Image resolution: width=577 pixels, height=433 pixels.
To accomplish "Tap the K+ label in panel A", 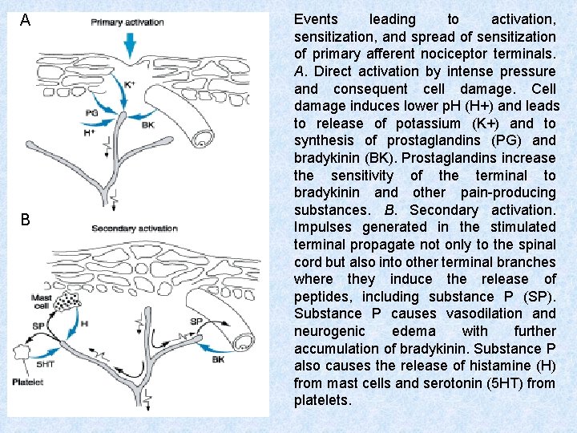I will click(131, 84).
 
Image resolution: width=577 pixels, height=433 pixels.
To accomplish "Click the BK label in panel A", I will click(147, 125).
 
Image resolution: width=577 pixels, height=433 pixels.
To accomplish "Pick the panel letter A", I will click(26, 20).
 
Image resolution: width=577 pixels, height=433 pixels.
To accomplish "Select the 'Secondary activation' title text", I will click(135, 229).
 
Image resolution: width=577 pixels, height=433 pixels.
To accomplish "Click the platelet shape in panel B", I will click(22, 350).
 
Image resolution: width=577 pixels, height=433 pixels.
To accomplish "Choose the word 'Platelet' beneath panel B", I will click(28, 382).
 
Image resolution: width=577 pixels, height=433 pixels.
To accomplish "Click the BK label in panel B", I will click(218, 360).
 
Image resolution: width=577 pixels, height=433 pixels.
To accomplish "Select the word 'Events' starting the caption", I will click(316, 19).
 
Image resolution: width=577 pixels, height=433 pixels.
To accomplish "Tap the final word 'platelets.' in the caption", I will click(322, 400).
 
